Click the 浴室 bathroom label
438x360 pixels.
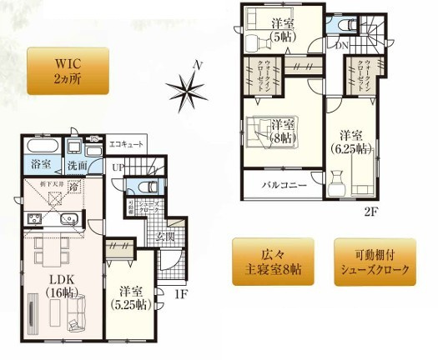pos(38,164)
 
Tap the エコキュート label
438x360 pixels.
pos(128,145)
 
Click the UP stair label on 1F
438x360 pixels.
pos(118,167)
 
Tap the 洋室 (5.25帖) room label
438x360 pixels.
pos(131,297)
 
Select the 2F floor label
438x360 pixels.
pos(371,211)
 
